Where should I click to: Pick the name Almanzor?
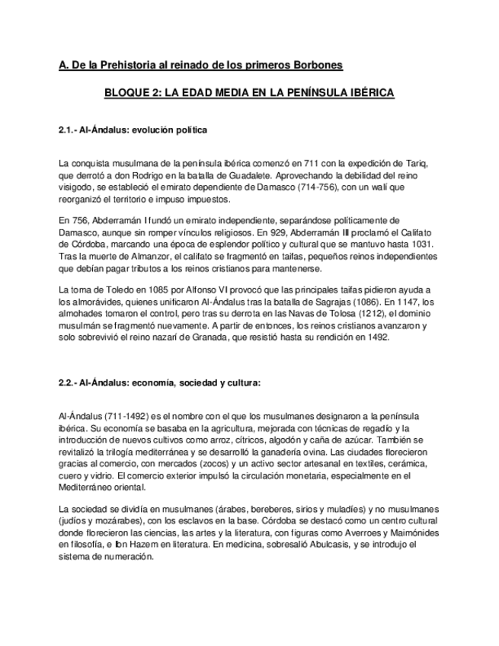click(136, 256)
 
